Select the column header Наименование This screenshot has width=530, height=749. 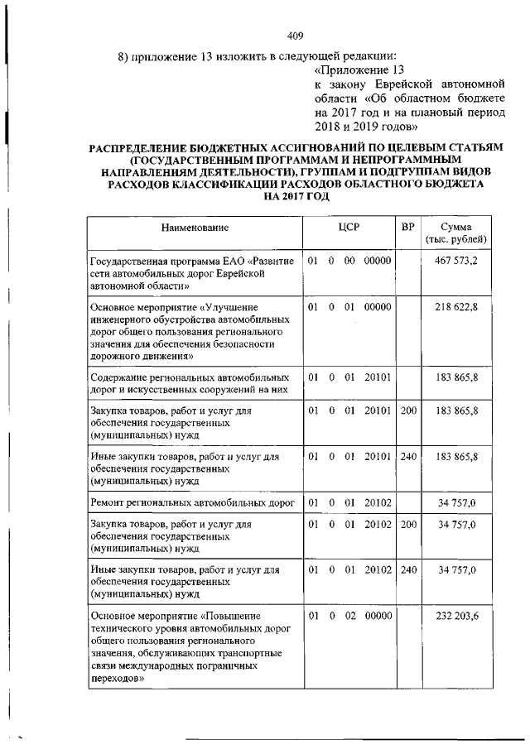pos(195,227)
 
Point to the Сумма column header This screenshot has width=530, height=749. pos(455,233)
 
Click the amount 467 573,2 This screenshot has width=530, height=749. pos(455,261)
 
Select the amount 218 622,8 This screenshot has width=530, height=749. pos(456,307)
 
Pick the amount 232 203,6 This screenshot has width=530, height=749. pos(456,617)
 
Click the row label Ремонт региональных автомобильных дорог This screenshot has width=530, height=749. pos(191,502)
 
